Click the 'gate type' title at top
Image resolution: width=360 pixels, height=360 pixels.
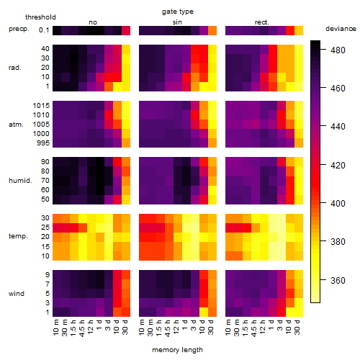click(178, 12)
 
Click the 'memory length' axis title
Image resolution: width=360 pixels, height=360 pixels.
click(177, 350)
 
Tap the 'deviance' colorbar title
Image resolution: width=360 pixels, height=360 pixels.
click(341, 29)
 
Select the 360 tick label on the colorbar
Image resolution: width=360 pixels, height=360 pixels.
click(338, 280)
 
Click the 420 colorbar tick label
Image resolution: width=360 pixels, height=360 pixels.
click(338, 165)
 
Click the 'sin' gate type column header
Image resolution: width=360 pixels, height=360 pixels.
click(177, 22)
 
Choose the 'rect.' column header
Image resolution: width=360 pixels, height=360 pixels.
click(261, 22)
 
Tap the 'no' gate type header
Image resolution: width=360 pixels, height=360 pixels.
click(93, 22)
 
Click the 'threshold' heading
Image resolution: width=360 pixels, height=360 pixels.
click(40, 17)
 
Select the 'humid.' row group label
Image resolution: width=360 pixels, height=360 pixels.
click(20, 181)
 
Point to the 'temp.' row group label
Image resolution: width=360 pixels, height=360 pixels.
click(18, 236)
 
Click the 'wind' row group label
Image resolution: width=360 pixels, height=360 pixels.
click(17, 294)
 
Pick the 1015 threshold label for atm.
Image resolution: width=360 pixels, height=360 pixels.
click(41, 106)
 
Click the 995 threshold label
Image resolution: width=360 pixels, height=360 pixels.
click(43, 143)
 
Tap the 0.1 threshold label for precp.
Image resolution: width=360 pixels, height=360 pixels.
click(44, 30)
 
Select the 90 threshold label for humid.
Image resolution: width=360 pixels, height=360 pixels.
click(45, 162)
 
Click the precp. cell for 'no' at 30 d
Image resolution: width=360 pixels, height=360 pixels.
click(126, 30)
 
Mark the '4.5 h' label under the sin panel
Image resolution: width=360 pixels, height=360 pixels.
click(168, 328)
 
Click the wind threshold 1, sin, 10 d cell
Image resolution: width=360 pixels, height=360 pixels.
click(204, 312)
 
